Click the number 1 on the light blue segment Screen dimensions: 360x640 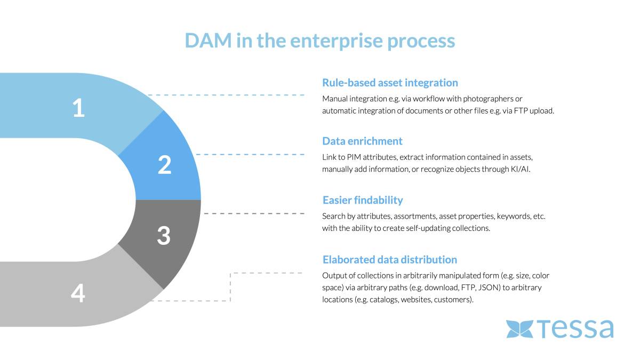coord(79,108)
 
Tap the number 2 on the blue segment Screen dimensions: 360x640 coord(164,165)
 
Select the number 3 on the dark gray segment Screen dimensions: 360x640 coord(164,236)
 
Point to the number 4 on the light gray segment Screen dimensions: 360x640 coord(78,293)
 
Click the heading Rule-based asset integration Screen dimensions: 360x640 coord(390,83)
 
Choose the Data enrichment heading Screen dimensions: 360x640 coord(362,141)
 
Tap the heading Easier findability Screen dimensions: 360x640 coord(363,201)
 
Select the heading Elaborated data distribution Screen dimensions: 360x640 coord(390,260)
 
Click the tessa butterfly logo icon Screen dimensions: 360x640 coord(519,329)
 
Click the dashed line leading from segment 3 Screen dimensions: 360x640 coord(254,213)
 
